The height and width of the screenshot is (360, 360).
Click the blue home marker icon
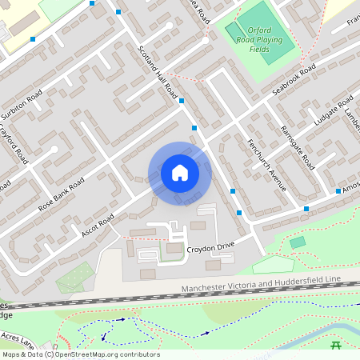click(x=179, y=173)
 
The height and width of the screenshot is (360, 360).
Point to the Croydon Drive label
click(x=210, y=250)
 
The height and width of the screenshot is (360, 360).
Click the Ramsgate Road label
click(x=297, y=149)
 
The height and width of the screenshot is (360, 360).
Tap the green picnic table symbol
click(x=337, y=345)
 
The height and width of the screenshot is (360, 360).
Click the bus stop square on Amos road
click(x=338, y=190)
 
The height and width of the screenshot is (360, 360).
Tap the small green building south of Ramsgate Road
click(x=298, y=242)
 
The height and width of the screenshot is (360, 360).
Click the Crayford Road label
click(x=14, y=144)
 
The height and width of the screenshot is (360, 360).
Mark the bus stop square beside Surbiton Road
click(x=33, y=38)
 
